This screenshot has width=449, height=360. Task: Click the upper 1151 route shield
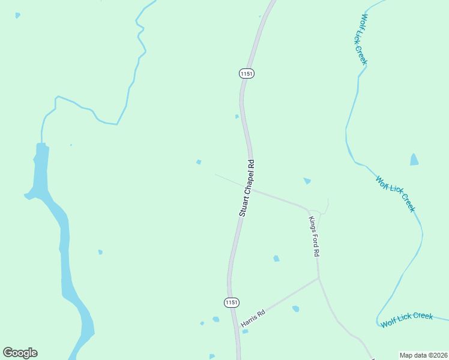tap(247, 73)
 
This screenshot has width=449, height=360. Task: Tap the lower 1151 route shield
tap(232, 302)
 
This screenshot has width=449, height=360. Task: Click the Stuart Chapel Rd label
tap(247, 187)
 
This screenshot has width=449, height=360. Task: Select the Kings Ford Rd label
tap(313, 236)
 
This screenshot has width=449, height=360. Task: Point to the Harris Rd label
tap(253, 318)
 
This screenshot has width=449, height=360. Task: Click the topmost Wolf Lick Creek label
tap(364, 39)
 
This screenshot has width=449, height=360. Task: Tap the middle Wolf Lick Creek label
tap(395, 193)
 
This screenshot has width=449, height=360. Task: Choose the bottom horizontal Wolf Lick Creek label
tap(406, 320)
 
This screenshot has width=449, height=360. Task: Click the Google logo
tap(20, 353)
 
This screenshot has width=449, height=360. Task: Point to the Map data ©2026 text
tap(423, 355)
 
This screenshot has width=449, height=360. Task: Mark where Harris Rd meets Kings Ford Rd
tap(319, 278)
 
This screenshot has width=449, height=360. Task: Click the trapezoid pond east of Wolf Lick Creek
tap(414, 160)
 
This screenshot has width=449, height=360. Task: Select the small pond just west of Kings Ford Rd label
tap(276, 259)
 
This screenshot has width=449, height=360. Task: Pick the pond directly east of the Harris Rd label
tap(295, 309)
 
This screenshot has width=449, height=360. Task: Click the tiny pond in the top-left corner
tap(17, 15)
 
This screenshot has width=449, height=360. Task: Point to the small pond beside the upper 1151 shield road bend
tap(237, 116)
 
